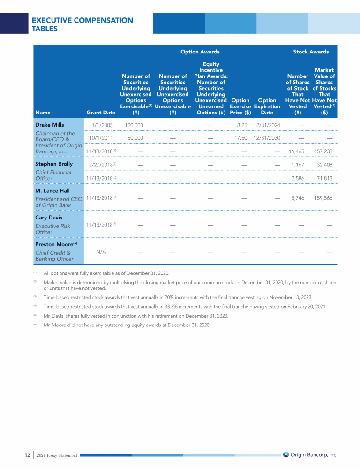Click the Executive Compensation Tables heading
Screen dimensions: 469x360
[82, 24]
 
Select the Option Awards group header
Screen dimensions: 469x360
[200, 52]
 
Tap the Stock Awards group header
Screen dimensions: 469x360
[311, 52]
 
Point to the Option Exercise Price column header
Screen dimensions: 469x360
[240, 106]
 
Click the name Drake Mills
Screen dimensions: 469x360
[49, 125]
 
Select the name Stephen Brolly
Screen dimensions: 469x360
[54, 164]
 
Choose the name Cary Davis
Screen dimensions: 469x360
[48, 218]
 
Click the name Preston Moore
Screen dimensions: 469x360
[54, 244]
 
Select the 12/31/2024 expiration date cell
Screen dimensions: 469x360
[267, 125]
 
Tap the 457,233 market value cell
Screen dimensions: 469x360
[323, 151]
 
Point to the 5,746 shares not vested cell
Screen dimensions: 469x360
[298, 198]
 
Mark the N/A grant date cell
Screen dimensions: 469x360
[101, 252]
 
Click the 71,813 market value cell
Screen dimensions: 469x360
[324, 178]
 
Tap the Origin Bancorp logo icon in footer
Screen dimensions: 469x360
[286, 454]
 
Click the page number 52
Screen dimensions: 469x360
[27, 454]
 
